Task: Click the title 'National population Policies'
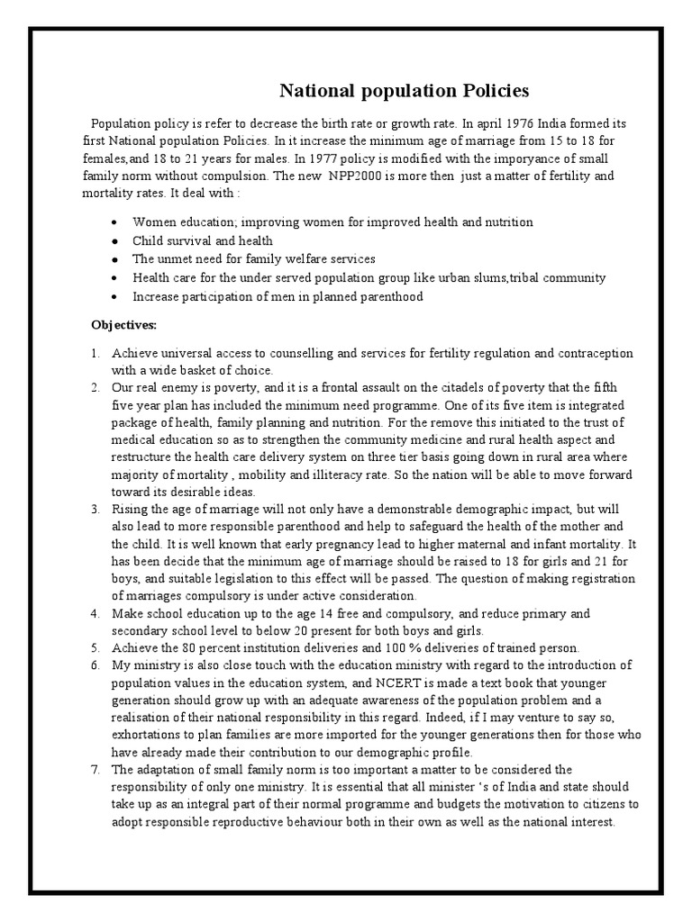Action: click(x=404, y=91)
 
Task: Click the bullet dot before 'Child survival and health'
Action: click(x=114, y=241)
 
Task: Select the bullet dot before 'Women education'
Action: click(x=114, y=222)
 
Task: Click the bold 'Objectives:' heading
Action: click(x=124, y=324)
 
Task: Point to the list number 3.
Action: click(x=95, y=510)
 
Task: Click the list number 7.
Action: click(x=95, y=770)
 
